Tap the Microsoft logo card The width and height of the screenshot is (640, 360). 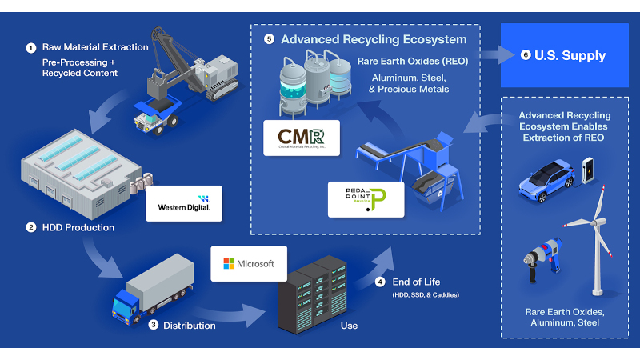tap(249, 263)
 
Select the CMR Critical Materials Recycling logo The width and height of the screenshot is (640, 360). tap(301, 137)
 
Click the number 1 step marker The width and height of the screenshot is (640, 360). tap(30, 47)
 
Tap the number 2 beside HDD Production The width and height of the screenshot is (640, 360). tap(30, 227)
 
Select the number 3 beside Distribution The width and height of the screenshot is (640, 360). tap(153, 325)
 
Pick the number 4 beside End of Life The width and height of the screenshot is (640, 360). tap(380, 282)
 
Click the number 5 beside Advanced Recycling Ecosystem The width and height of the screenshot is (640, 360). tap(269, 38)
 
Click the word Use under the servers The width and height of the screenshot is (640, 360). tap(349, 326)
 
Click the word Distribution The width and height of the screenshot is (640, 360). tap(189, 326)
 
